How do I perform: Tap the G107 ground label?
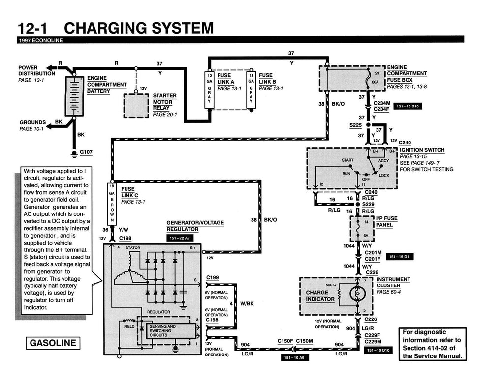pos(86,152)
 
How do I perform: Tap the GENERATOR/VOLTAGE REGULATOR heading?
pos(195,226)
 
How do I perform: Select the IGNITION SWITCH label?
pos(422,150)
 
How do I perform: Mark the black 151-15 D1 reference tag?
pos(401,256)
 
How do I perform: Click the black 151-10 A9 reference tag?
pos(295,357)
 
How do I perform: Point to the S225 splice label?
pos(355,125)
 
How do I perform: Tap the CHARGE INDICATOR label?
pos(320,296)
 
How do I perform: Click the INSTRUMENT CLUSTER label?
pos(393,282)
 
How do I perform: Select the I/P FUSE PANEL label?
pos(386,221)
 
